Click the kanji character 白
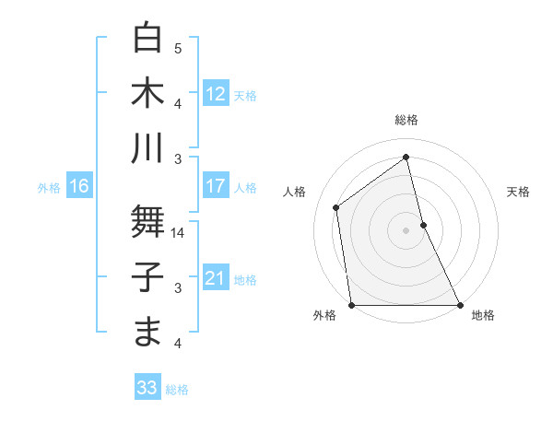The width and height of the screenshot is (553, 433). [147, 38]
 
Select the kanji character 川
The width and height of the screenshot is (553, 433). [147, 147]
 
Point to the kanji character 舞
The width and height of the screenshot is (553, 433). [147, 222]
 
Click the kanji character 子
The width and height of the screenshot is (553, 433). [147, 277]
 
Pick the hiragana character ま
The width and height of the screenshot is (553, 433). [147, 332]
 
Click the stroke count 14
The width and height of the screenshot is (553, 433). [179, 233]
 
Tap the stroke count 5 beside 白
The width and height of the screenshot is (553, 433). [178, 48]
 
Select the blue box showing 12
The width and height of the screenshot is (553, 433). [215, 94]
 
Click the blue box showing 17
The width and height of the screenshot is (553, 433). [215, 186]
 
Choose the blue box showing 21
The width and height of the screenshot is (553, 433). [215, 279]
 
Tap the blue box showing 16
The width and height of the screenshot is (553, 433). [78, 187]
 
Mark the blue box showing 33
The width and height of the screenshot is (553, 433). [147, 388]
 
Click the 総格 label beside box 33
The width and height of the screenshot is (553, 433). [177, 390]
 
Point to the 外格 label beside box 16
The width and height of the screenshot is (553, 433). [49, 188]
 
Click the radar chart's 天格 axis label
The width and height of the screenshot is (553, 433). [518, 192]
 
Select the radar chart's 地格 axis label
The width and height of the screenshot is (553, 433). [483, 315]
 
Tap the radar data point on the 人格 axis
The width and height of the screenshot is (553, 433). [336, 207]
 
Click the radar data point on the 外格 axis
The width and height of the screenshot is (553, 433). [351, 305]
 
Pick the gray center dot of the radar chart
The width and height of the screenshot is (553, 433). [406, 229]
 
